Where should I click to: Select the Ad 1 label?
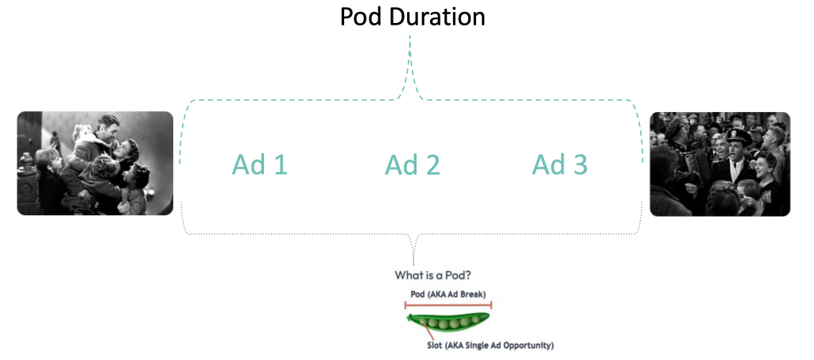point(259,165)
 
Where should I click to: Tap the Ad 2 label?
point(413,165)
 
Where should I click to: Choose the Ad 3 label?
point(560,165)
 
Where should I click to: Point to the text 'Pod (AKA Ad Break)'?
point(448,294)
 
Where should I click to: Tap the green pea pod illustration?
point(448,322)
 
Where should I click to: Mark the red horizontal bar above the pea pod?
point(448,304)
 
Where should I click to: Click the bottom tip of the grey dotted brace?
point(413,262)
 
